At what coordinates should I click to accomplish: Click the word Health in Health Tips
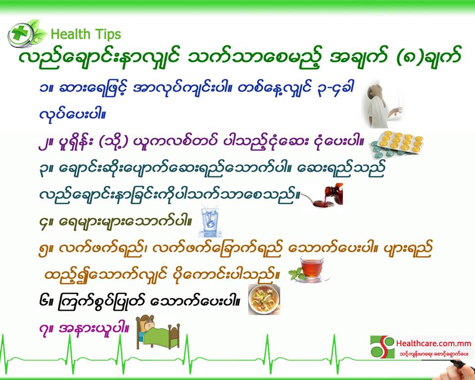pyautogui.click(x=71, y=34)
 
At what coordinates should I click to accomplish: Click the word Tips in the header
pyautogui.click(x=107, y=35)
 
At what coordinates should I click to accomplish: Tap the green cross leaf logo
pyautogui.click(x=27, y=33)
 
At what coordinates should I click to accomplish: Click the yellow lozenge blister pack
pyautogui.click(x=396, y=145)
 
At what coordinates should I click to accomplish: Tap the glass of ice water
pyautogui.click(x=210, y=221)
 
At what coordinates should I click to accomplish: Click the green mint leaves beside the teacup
pyautogui.click(x=297, y=274)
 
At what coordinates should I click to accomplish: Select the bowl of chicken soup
pyautogui.click(x=264, y=299)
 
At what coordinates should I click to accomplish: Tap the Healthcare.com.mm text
pyautogui.click(x=433, y=343)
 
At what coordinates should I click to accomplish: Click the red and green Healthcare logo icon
pyautogui.click(x=382, y=346)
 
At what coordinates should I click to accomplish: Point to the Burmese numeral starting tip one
pyautogui.click(x=44, y=89)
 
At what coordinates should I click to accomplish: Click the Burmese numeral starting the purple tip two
pyautogui.click(x=44, y=143)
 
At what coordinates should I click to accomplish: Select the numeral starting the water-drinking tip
pyautogui.click(x=44, y=225)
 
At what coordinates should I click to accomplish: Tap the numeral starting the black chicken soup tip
pyautogui.click(x=44, y=301)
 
